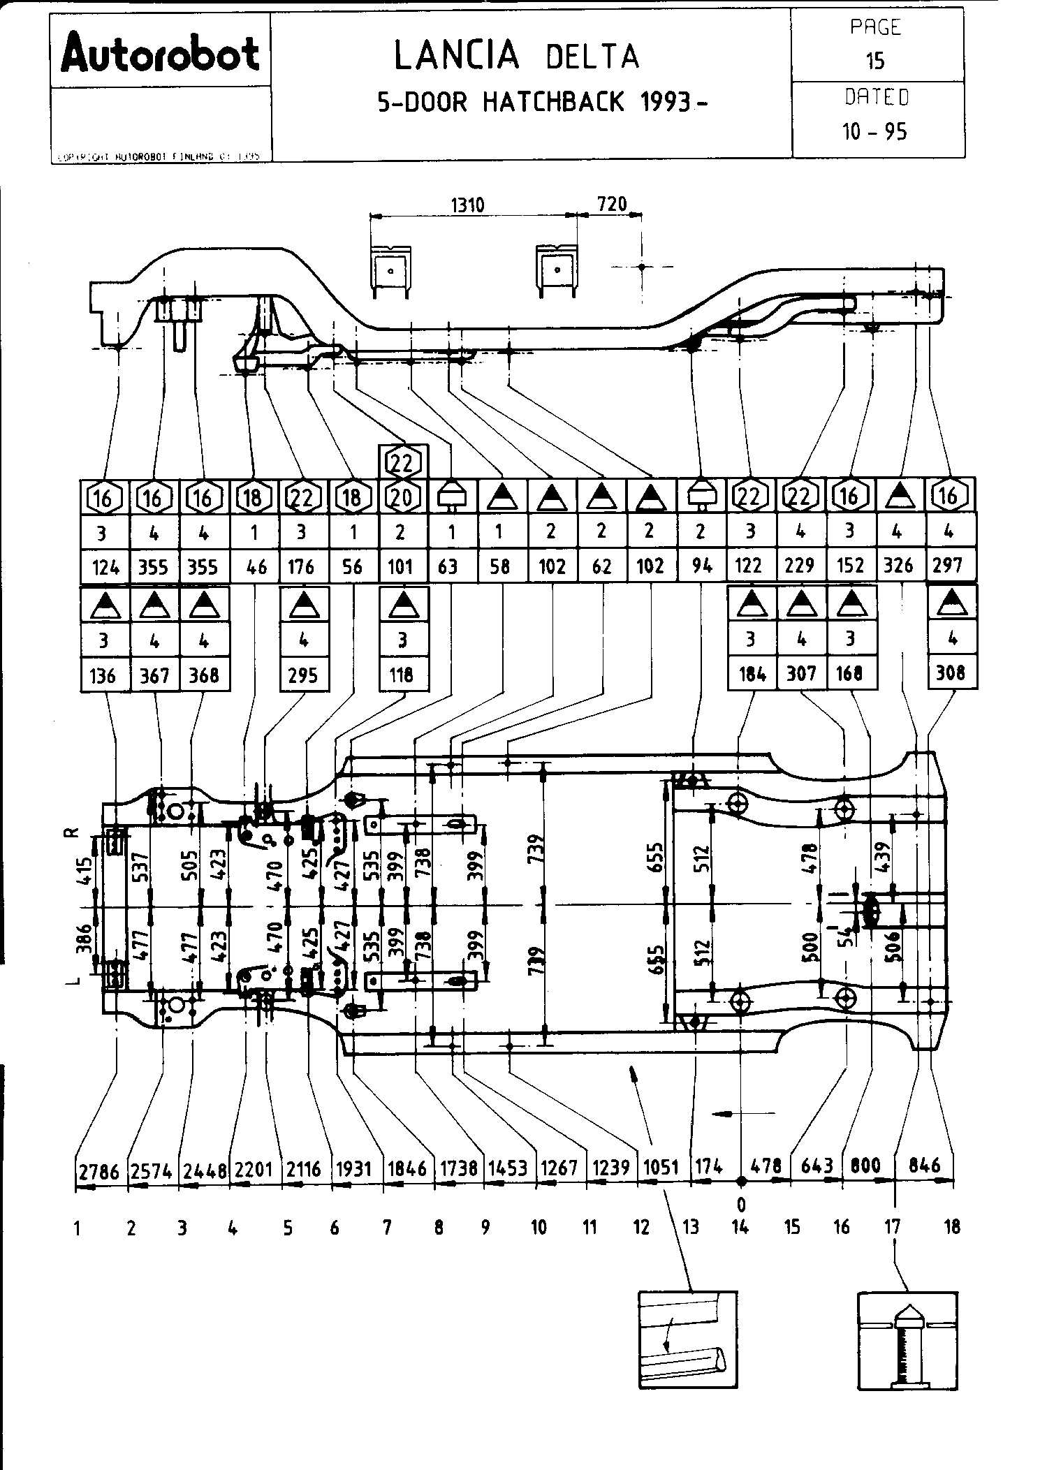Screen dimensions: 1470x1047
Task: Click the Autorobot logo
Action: (x=160, y=53)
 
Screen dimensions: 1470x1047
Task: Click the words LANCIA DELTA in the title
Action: (x=516, y=56)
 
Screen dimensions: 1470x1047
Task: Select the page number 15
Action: (x=875, y=61)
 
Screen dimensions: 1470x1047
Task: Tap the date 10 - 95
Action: (x=874, y=131)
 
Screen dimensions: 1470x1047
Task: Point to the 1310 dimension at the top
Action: (x=467, y=205)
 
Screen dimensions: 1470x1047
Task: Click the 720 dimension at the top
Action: (x=612, y=204)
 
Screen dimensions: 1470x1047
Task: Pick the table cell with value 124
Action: (x=105, y=566)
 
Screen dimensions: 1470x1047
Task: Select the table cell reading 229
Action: (x=800, y=566)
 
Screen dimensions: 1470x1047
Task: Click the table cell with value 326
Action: (x=898, y=566)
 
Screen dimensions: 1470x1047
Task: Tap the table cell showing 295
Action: (x=303, y=675)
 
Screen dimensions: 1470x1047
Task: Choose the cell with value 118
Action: (x=402, y=675)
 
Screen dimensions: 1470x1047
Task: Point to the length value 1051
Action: (x=661, y=1167)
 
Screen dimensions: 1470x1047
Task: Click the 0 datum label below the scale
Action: (x=742, y=1205)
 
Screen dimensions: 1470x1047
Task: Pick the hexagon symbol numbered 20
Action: (x=402, y=497)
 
